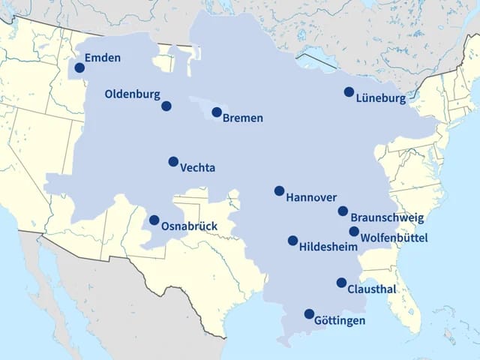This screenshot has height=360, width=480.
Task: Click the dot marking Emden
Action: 79,68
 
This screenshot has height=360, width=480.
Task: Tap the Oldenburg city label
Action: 132,94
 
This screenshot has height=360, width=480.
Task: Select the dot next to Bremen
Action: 217,112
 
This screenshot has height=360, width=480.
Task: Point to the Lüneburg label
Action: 381,98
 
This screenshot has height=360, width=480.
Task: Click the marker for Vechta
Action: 173,161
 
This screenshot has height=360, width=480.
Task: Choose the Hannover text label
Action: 311,197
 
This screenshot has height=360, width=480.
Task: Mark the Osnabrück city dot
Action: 154,220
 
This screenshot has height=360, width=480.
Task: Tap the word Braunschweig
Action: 387,218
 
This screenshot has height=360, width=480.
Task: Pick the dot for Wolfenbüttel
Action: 354,232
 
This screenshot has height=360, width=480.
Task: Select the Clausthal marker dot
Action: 341,283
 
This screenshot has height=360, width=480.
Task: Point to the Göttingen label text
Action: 340,320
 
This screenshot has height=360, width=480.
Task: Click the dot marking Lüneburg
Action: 349,91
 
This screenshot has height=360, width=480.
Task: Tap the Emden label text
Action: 103,58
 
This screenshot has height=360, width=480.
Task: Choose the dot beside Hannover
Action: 279,190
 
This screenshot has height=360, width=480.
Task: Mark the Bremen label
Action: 243,118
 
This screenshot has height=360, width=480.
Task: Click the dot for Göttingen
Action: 309,313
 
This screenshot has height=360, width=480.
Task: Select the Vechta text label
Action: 198,168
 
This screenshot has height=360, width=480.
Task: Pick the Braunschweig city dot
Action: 343,211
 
